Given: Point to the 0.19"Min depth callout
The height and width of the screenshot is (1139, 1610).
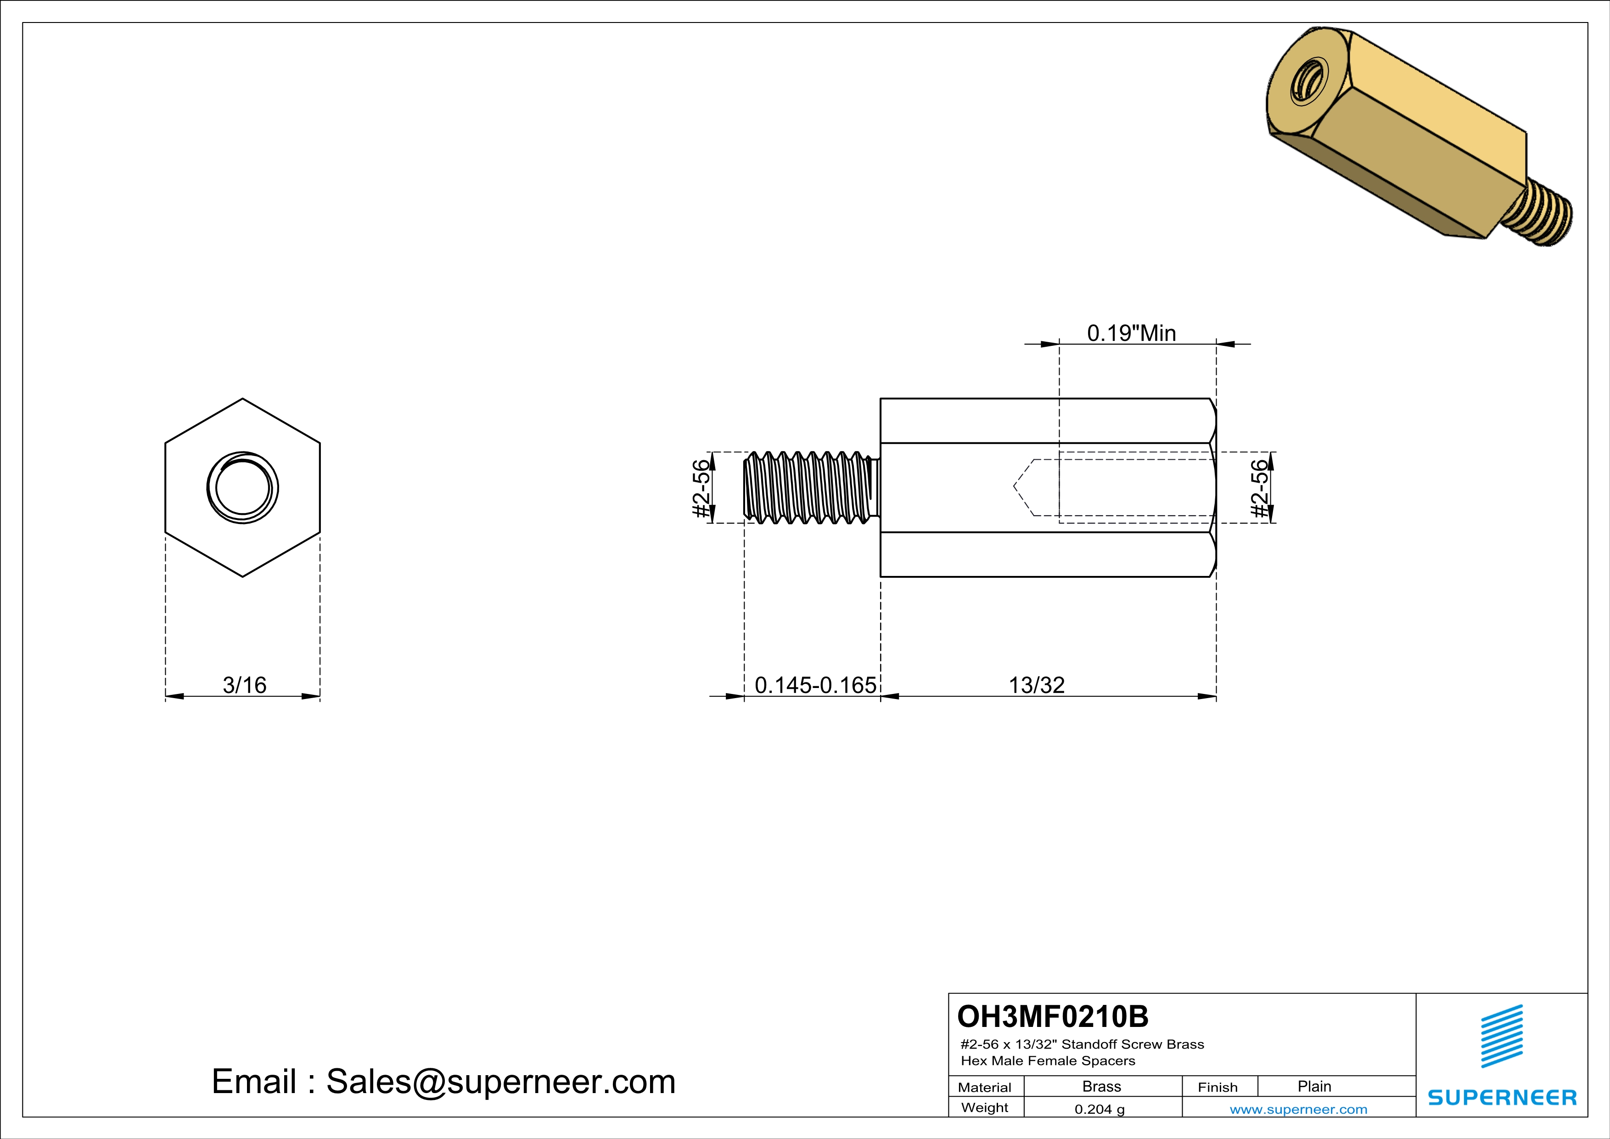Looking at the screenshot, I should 1131,333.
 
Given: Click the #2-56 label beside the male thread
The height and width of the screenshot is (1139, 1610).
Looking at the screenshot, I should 701,488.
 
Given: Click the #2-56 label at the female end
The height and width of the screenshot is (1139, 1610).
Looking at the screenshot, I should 1260,488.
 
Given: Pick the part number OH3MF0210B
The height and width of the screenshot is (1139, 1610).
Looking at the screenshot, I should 1053,1016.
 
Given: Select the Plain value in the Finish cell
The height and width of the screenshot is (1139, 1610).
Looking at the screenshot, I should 1314,1086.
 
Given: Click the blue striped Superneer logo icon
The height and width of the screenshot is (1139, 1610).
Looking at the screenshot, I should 1501,1036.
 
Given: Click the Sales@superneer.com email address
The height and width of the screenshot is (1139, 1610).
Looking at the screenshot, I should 501,1082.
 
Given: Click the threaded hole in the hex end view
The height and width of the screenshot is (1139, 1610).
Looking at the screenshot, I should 242,487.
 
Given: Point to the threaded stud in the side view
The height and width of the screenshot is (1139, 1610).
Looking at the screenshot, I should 810,487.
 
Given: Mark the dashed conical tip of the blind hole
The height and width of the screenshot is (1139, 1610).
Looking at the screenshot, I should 1022,487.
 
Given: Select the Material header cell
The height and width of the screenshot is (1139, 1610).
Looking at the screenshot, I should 985,1087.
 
